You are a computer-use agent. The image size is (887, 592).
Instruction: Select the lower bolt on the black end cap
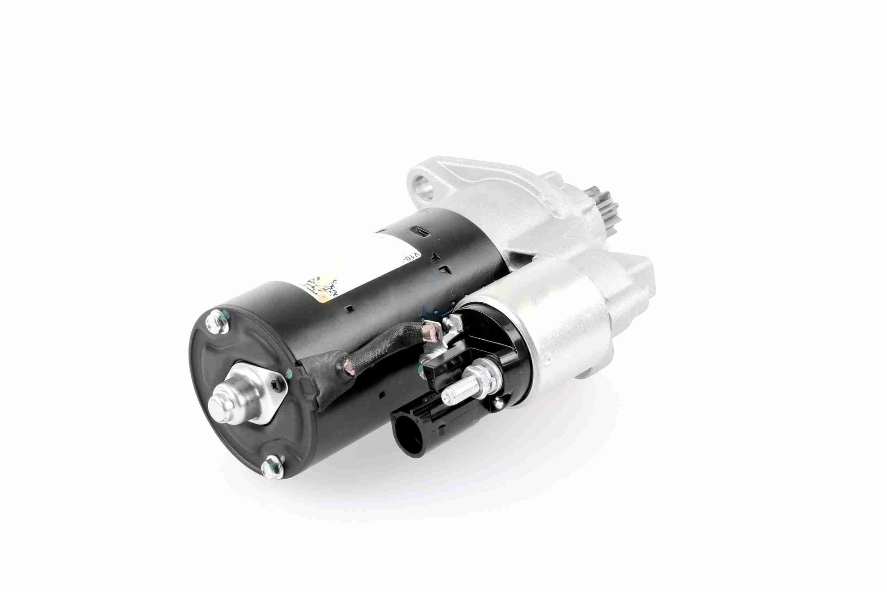(x=273, y=467)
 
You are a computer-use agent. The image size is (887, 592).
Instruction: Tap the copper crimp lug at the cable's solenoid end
(x=430, y=330)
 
